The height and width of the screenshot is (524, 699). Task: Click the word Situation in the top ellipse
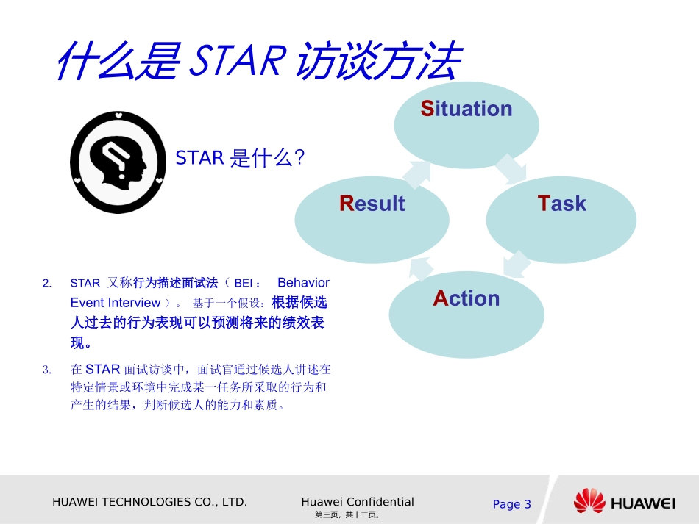pyautogui.click(x=466, y=109)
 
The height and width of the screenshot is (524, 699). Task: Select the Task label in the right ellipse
pyautogui.click(x=562, y=204)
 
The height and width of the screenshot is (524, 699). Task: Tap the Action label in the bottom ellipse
pyautogui.click(x=466, y=298)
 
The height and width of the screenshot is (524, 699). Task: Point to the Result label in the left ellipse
pyautogui.click(x=372, y=204)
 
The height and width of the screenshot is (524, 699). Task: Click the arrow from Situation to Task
pyautogui.click(x=511, y=168)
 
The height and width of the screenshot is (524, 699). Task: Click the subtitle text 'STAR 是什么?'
pyautogui.click(x=240, y=158)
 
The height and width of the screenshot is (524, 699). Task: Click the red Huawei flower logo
pyautogui.click(x=589, y=502)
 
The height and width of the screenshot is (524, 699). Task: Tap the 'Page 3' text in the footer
pyautogui.click(x=511, y=504)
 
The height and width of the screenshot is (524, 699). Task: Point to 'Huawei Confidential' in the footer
pyautogui.click(x=358, y=502)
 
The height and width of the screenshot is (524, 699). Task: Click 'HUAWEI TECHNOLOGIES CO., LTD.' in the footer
pyautogui.click(x=149, y=502)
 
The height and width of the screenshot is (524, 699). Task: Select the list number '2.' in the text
pyautogui.click(x=47, y=283)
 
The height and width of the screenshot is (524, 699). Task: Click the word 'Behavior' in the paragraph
pyautogui.click(x=303, y=283)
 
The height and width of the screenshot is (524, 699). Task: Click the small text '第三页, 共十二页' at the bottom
pyautogui.click(x=347, y=515)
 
